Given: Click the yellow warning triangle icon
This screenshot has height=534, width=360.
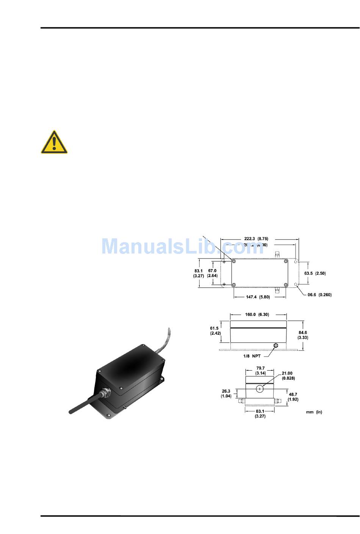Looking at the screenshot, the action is pyautogui.click(x=54, y=143).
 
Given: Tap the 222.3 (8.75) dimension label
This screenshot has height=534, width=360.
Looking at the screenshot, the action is pyautogui.click(x=256, y=239).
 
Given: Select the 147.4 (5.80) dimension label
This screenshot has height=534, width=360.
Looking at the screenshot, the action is pyautogui.click(x=258, y=297).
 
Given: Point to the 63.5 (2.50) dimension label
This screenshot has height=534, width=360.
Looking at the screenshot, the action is pyautogui.click(x=315, y=273).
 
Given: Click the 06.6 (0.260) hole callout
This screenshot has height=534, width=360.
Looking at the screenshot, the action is pyautogui.click(x=319, y=295).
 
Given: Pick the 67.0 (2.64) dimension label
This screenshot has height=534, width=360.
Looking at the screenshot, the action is pyautogui.click(x=212, y=273).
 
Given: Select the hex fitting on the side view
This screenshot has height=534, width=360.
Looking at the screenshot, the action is pyautogui.click(x=276, y=345).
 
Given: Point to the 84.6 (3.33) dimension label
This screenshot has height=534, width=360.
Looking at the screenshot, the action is pyautogui.click(x=303, y=335).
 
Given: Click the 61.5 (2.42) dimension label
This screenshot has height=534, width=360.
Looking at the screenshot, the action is pyautogui.click(x=215, y=330).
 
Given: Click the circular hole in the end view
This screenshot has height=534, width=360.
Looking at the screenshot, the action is pyautogui.click(x=260, y=389).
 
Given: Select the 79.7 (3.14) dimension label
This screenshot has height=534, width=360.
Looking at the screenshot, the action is pyautogui.click(x=260, y=371).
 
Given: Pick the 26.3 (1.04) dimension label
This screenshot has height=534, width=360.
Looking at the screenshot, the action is pyautogui.click(x=226, y=393).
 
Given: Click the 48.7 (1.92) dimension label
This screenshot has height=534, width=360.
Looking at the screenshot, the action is pyautogui.click(x=293, y=396).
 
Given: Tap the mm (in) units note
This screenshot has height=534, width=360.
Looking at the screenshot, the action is pyautogui.click(x=314, y=412).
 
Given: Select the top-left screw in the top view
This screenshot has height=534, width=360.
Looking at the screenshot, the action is pyautogui.click(x=234, y=262).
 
